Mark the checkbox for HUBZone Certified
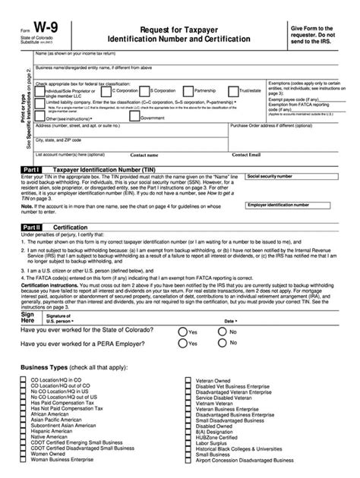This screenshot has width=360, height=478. pyautogui.click(x=189, y=432)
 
